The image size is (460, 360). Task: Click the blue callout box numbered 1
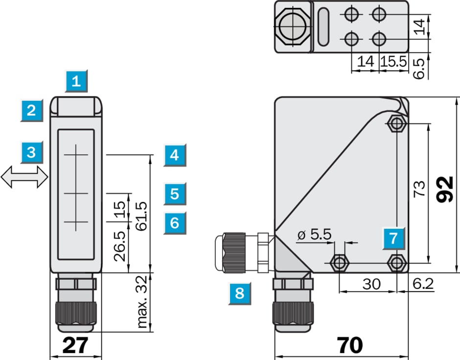(76, 81)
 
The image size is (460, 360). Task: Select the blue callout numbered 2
(32, 110)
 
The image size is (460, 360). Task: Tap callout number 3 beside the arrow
(32, 152)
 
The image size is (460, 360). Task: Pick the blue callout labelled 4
(175, 156)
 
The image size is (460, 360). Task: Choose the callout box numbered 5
(175, 194)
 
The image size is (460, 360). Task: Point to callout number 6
(175, 223)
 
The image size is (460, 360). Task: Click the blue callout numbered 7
(393, 239)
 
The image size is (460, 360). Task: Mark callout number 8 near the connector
(239, 293)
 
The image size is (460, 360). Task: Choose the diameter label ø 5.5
(314, 235)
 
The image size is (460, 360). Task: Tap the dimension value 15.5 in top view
(394, 61)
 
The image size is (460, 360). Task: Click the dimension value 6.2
(423, 284)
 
